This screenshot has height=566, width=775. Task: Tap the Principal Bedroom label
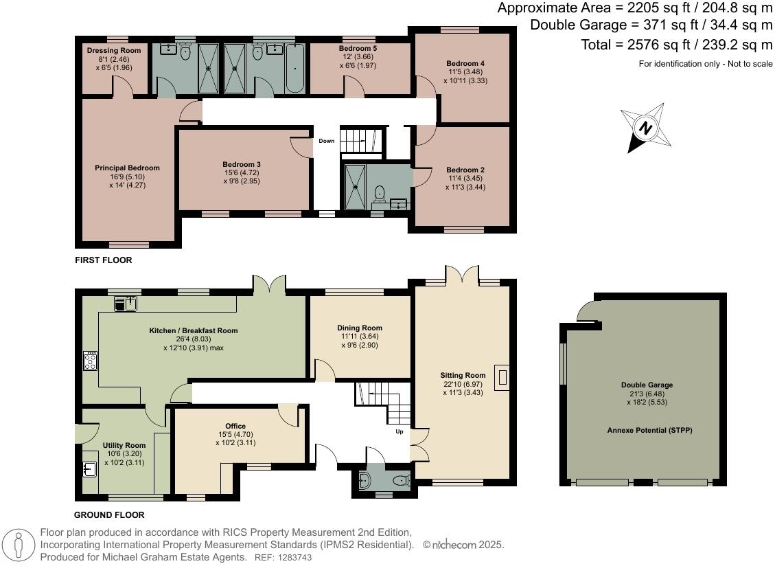point(127,168)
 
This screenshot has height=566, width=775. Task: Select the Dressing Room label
point(114,50)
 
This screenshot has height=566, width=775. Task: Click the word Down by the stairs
point(327,141)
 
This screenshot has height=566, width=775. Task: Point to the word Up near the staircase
point(399,432)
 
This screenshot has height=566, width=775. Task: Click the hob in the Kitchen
point(90,361)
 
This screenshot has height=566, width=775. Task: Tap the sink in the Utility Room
point(89,469)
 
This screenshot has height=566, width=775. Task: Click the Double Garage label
point(647,385)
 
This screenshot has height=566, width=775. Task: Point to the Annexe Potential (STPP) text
point(646,430)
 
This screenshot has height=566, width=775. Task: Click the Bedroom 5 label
point(358,49)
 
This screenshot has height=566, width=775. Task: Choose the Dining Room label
point(359,328)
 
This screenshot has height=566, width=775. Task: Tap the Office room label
point(235,426)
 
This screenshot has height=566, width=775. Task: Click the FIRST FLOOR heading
point(104,260)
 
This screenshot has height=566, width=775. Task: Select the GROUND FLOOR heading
point(110,514)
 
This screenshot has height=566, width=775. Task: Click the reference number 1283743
point(292,558)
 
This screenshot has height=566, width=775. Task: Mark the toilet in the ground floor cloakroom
point(365,478)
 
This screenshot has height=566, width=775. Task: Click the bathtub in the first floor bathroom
point(294,69)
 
